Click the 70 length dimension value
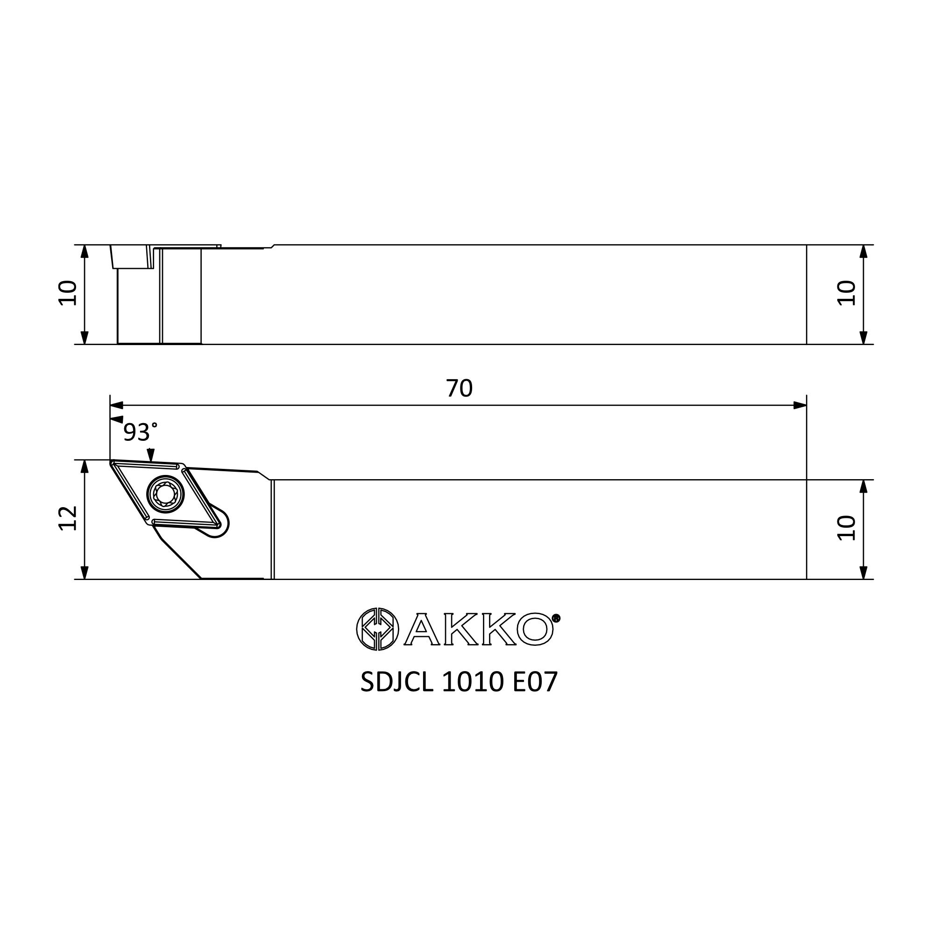click(459, 388)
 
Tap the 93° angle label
click(140, 432)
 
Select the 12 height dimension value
click(68, 518)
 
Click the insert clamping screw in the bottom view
click(166, 494)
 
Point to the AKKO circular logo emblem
click(377, 629)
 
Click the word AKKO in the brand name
click(479, 629)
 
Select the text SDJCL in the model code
click(397, 682)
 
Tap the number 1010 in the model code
click(473, 682)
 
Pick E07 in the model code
click(535, 682)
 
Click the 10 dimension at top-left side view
click(68, 293)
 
